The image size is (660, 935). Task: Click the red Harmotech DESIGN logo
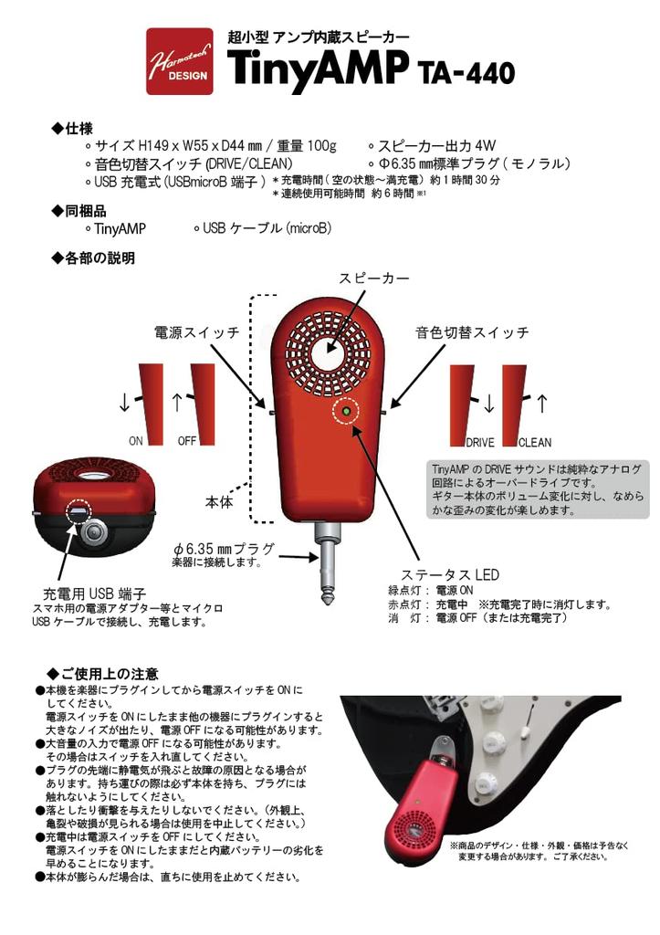(x=180, y=62)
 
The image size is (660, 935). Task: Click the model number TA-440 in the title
(x=466, y=71)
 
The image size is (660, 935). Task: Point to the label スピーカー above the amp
(x=374, y=278)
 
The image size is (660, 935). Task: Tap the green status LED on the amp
(x=347, y=412)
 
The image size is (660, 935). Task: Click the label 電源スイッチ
(x=196, y=333)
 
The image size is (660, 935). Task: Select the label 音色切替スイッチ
(x=472, y=333)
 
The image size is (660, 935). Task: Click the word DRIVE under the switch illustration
(x=480, y=443)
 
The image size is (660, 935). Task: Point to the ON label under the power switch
(x=136, y=441)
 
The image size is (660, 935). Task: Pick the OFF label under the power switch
(x=187, y=441)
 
